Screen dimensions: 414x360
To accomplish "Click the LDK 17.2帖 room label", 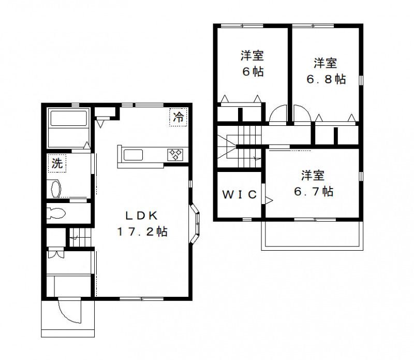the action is (x=142, y=224).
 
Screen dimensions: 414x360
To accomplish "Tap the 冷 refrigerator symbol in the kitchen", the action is (x=179, y=117).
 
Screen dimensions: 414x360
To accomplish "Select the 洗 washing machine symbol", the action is (x=57, y=163).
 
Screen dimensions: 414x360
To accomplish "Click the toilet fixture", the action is (x=56, y=213).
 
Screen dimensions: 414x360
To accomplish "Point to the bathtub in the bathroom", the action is (x=69, y=119).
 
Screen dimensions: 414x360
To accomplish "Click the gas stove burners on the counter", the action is (x=175, y=155).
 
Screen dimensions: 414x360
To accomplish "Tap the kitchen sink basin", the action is (x=134, y=155).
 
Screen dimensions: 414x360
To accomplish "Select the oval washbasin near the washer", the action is (x=55, y=189).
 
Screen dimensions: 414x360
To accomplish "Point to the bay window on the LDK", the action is (x=195, y=223).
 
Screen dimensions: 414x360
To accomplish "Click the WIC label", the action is (x=240, y=195).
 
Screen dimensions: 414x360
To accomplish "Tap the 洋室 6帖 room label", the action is (x=252, y=64).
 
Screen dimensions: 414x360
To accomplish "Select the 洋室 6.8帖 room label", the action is (x=326, y=71).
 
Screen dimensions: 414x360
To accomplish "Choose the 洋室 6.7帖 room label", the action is (x=314, y=183).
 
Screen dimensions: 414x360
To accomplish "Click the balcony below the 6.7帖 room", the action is (x=312, y=235).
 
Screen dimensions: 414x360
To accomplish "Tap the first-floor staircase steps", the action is (x=80, y=237).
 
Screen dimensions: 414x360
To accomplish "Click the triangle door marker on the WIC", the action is (x=269, y=200).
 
